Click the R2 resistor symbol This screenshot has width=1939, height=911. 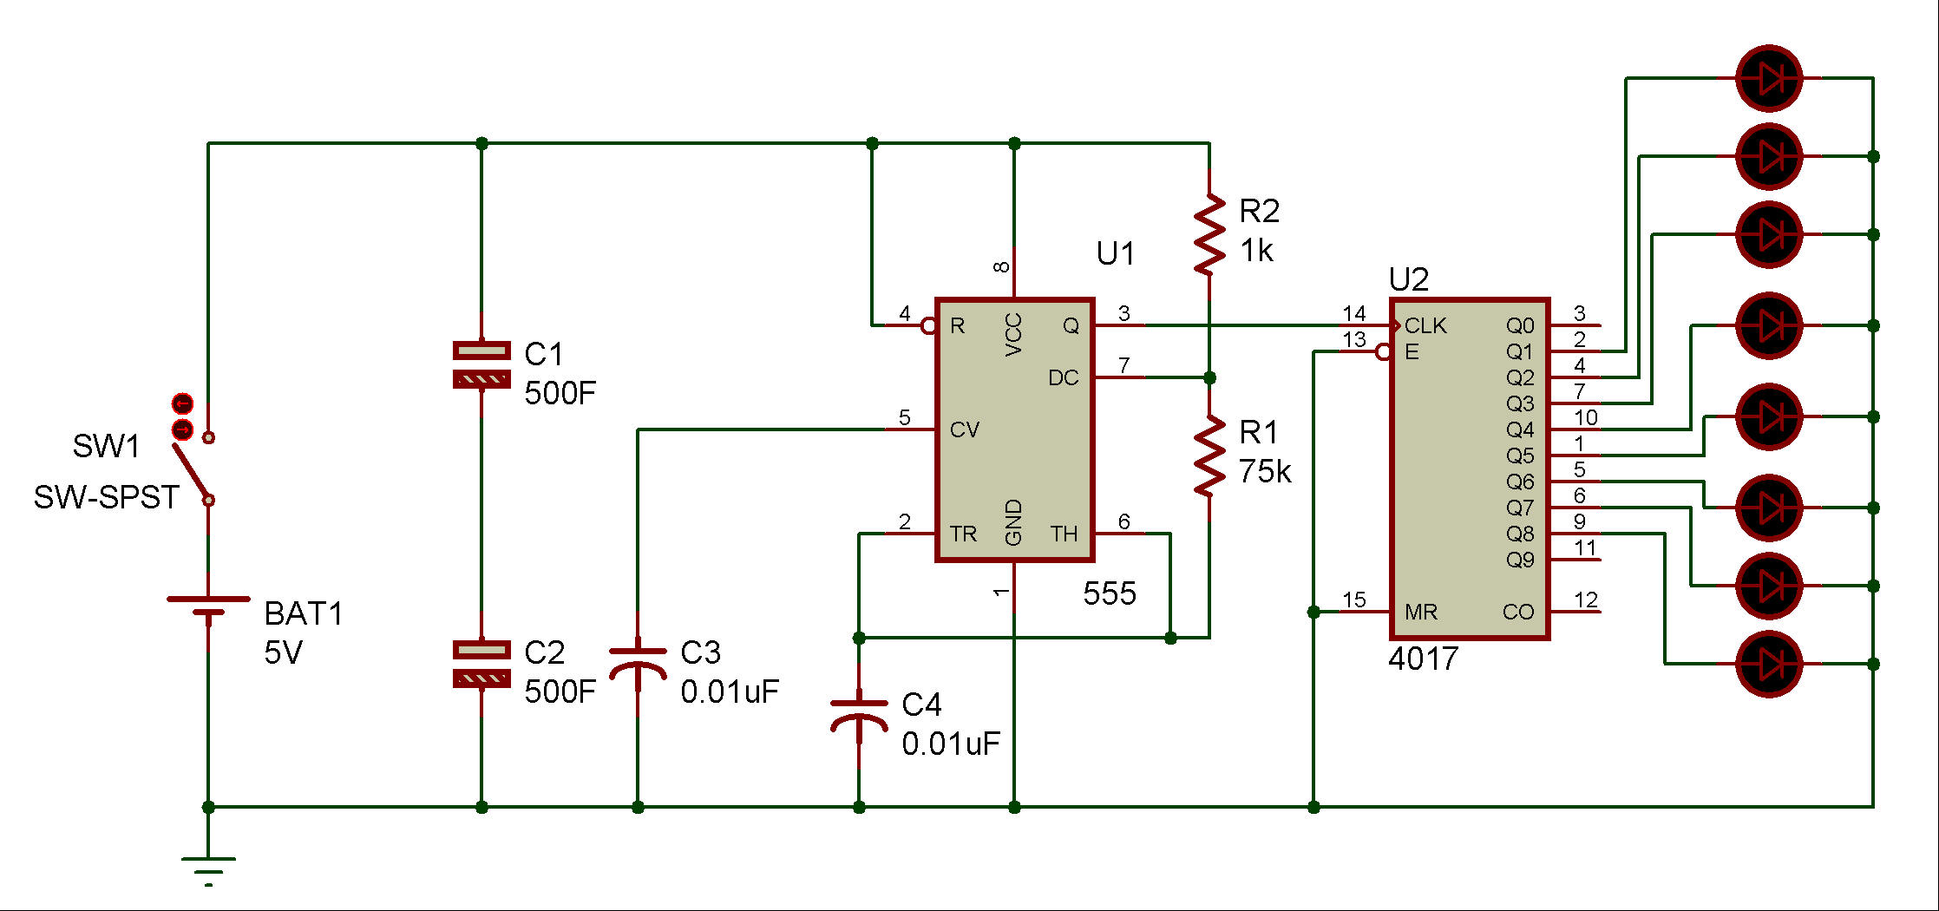[x=1209, y=234]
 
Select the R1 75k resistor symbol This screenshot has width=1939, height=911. [x=1209, y=455]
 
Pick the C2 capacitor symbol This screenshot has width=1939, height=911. [x=481, y=664]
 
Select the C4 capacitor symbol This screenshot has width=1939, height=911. [x=859, y=713]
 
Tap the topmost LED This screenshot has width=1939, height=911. [x=1769, y=78]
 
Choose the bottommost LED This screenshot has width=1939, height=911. [x=1769, y=664]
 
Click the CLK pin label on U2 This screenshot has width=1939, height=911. [x=1425, y=325]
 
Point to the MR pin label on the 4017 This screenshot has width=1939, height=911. [x=1421, y=612]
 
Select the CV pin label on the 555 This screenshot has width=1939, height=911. [x=964, y=429]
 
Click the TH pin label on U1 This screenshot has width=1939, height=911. [x=1064, y=534]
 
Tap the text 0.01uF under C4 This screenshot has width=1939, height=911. [x=951, y=744]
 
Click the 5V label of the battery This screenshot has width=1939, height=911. [x=283, y=652]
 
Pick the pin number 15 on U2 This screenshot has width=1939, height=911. [x=1353, y=600]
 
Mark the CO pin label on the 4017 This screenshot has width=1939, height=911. [x=1518, y=612]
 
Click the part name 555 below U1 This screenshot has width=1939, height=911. [x=1110, y=593]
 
